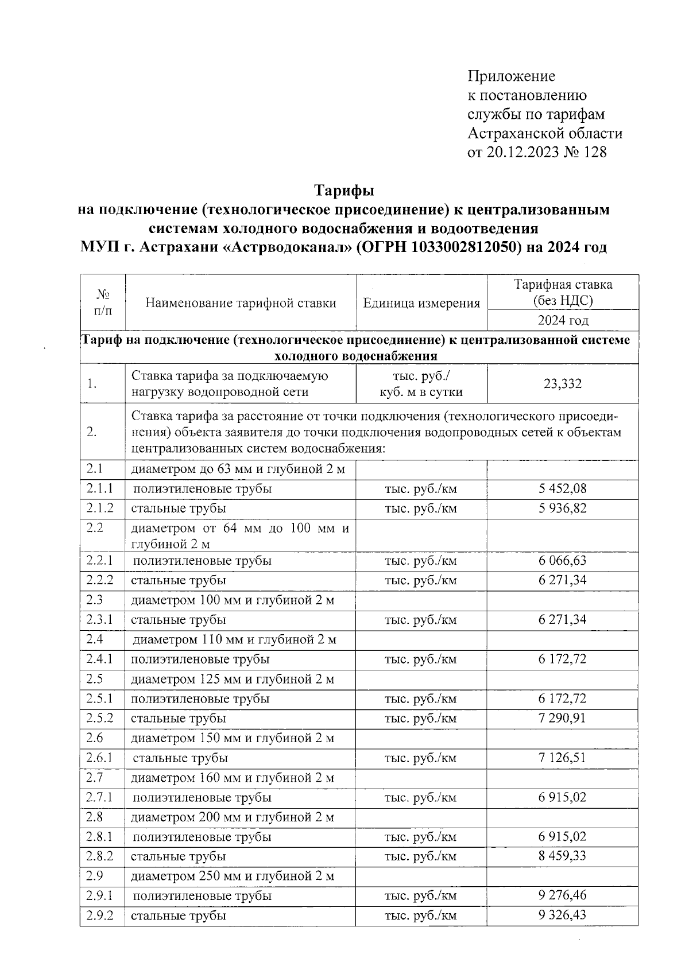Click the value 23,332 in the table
point(562,384)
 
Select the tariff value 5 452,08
point(562,489)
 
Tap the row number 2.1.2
point(100,509)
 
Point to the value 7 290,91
point(562,718)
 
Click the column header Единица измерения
point(421,303)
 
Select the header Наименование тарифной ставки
point(241,303)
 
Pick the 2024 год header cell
point(562,320)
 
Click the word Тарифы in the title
point(344,189)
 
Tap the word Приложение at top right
point(512,76)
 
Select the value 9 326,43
point(562,915)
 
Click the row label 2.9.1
point(100,895)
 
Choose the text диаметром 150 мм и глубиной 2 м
point(233,738)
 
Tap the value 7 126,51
point(562,758)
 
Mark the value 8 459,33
point(562,856)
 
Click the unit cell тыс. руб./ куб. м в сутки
point(421,384)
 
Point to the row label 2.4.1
point(100,659)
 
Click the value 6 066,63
point(562,560)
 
